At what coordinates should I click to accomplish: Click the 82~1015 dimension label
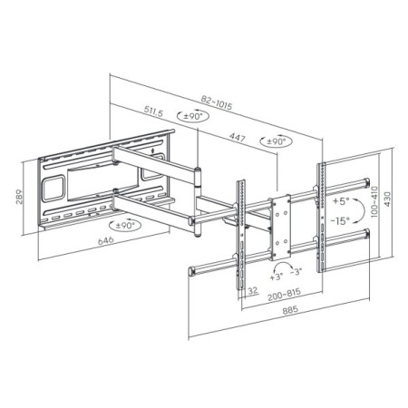217,102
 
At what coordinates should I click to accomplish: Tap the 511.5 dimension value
153,112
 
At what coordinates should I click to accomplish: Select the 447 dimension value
237,138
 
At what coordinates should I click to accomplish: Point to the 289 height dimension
19,197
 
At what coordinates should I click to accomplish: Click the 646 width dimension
106,240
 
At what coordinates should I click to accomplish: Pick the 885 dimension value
290,310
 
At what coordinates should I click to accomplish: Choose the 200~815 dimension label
284,295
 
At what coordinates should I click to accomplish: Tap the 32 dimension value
253,291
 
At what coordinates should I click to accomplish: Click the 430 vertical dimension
387,199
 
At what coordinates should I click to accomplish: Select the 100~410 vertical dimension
374,201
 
